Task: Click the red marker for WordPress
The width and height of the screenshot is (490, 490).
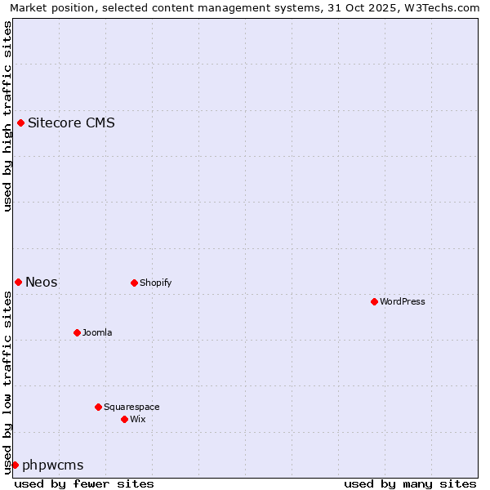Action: point(375,301)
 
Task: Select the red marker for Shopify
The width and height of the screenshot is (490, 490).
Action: point(135,283)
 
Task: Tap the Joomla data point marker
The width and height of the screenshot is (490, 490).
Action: point(78,332)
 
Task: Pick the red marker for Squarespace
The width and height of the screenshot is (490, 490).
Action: point(99,407)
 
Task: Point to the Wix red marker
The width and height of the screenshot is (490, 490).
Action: point(125,419)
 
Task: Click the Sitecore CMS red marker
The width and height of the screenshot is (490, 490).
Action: point(21,123)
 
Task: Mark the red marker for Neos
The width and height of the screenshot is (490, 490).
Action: point(19,282)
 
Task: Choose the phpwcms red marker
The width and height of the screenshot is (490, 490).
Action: point(15,465)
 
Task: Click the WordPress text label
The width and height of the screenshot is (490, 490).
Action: point(403,301)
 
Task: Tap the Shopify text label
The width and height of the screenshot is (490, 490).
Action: point(155,283)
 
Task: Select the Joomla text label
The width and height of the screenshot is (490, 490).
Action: point(97,332)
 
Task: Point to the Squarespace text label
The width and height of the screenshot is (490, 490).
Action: point(131,407)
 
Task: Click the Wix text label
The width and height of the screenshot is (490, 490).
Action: point(138,419)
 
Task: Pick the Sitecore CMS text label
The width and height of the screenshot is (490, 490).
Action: point(71,123)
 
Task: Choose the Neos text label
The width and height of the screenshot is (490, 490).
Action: point(42,282)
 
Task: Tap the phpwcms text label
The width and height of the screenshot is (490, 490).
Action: point(53,465)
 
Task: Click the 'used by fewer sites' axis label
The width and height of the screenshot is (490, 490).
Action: point(84,483)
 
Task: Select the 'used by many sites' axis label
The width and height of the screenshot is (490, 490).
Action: point(410,483)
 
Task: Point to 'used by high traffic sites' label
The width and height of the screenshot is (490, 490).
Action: point(8,116)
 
